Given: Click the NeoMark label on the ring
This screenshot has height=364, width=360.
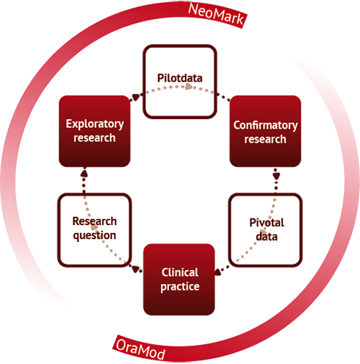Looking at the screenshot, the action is click(x=216, y=15).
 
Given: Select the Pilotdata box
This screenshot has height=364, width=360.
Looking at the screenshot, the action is click(x=180, y=82).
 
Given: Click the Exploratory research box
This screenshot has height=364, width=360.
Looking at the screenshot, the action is click(x=95, y=131).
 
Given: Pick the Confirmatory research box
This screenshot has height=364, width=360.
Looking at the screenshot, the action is click(x=265, y=131).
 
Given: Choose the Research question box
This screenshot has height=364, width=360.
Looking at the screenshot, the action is click(x=95, y=230).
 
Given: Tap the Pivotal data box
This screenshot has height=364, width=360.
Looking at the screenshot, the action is click(x=265, y=230).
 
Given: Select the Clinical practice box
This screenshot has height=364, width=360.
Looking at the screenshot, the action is click(x=179, y=279).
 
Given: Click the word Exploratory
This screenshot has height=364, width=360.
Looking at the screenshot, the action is click(x=95, y=124).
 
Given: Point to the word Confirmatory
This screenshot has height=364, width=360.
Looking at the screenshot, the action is click(x=265, y=126).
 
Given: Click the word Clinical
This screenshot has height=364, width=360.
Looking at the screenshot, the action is click(x=180, y=272).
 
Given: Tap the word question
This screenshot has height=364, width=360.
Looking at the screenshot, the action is click(x=95, y=236).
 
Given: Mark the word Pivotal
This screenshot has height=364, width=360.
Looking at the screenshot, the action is click(x=267, y=223).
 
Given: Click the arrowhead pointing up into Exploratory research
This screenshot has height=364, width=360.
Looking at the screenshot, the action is click(x=84, y=173).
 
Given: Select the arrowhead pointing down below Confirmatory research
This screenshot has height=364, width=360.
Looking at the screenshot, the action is click(x=276, y=176).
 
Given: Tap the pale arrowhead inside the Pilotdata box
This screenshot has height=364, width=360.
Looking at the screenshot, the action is click(x=189, y=86).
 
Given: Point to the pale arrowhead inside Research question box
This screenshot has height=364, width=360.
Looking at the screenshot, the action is click(x=95, y=227).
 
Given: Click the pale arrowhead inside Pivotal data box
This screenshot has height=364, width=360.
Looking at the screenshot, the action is click(x=263, y=232).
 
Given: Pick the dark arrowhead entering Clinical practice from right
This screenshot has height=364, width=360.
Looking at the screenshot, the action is click(x=218, y=271).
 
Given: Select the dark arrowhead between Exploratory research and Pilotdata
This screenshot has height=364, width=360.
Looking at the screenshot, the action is click(x=136, y=97).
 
